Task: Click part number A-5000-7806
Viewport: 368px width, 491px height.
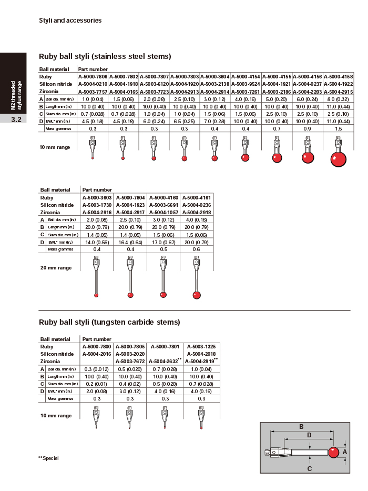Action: pyautogui.click(x=93, y=77)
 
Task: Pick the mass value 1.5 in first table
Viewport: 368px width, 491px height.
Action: pyautogui.click(x=338, y=128)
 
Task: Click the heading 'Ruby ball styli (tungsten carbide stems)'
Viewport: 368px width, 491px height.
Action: pyautogui.click(x=109, y=322)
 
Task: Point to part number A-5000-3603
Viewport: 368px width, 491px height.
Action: pyautogui.click(x=97, y=197)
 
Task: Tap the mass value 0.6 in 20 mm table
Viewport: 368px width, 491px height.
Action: pyautogui.click(x=196, y=249)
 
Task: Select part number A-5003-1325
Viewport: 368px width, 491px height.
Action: pyautogui.click(x=201, y=347)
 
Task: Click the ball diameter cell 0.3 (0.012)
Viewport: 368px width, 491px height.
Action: pyautogui.click(x=97, y=369)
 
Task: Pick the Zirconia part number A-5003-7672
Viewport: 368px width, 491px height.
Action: pyautogui.click(x=130, y=362)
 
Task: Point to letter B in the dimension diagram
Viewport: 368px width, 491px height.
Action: pyautogui.click(x=302, y=427)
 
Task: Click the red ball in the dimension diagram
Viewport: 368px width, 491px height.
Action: pyautogui.click(x=333, y=452)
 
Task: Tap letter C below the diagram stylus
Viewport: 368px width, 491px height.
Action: pyautogui.click(x=310, y=468)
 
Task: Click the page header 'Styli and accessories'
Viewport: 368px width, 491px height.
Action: pyautogui.click(x=70, y=21)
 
